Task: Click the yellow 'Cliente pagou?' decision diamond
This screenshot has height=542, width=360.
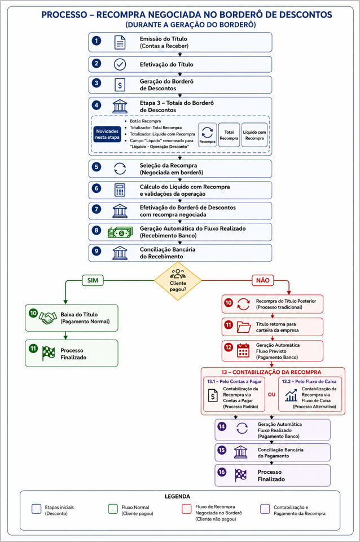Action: coord(178,281)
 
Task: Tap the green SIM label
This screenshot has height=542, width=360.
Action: coord(93,280)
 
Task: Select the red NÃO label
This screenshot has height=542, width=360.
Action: coord(262,280)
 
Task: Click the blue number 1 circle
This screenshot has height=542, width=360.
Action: coord(96,41)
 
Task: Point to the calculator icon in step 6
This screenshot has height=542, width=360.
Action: coord(120,190)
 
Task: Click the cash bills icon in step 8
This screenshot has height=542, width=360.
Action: coord(120,232)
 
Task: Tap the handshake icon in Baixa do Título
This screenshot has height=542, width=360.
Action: coord(48,318)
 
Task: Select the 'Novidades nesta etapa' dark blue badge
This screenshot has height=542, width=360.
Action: coord(107,134)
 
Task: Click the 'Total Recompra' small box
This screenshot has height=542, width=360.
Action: coord(229,135)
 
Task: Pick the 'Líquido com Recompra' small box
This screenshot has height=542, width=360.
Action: coord(254,135)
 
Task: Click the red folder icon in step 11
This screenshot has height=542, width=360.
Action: coord(244,327)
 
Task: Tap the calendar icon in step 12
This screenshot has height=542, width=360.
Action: coord(243,350)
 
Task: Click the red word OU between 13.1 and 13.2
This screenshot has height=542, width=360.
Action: coord(271,394)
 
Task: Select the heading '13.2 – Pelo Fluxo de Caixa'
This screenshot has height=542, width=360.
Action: coord(309,381)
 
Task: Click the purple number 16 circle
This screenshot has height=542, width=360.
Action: coord(222,472)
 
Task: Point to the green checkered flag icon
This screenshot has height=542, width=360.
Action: coord(49,353)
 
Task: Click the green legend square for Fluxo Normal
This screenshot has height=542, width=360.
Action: coord(113,509)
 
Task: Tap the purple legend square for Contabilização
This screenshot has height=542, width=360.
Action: coord(265,509)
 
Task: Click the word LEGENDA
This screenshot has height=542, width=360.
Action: coord(177,496)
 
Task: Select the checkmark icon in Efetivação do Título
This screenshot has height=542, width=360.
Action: coord(120,64)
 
